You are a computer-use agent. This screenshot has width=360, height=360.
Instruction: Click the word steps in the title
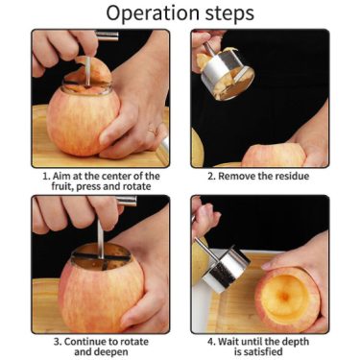point(228,14)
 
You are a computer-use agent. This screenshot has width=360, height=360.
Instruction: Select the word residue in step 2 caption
point(289,176)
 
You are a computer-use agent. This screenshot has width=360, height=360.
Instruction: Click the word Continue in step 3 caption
point(84,342)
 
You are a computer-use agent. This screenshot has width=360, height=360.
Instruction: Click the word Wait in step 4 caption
point(227,342)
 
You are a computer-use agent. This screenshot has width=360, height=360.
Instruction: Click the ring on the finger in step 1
point(152,132)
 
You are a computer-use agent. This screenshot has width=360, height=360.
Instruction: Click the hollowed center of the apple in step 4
point(284,297)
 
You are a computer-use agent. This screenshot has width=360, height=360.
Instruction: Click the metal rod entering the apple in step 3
point(101,240)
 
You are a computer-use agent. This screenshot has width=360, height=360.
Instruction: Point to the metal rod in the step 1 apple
point(87,71)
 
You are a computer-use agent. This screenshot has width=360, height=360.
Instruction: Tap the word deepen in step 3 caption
point(109,352)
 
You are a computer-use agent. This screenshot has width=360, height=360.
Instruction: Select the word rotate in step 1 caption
point(137,186)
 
